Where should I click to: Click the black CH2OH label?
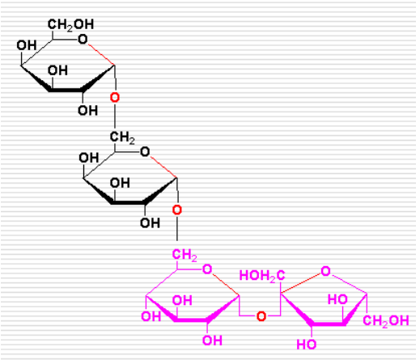coord(70,25)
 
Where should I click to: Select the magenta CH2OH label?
coord(386,321)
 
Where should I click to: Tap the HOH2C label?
coord(262,276)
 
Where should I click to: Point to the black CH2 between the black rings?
coord(122,138)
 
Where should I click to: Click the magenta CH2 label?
coord(185,255)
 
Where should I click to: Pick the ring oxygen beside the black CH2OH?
coord(83,40)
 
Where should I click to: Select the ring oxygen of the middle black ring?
coord(145,152)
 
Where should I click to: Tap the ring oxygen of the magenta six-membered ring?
coord(207,269)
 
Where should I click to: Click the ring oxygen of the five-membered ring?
coord(325,271)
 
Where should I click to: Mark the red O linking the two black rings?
coord(115,97)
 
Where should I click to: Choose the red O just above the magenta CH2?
coord(177,210)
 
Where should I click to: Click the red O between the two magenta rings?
coord(261,316)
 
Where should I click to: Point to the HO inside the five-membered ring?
coord(337,299)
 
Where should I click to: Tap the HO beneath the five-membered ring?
coord(307,345)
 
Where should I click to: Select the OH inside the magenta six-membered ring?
coord(182,300)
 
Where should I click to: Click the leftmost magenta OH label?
coord(151,316)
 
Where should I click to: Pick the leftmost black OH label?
coord(27,45)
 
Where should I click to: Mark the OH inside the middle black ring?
coord(120,183)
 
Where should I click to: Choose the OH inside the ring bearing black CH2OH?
coord(57,70)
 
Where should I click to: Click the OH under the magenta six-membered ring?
coord(213,341)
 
